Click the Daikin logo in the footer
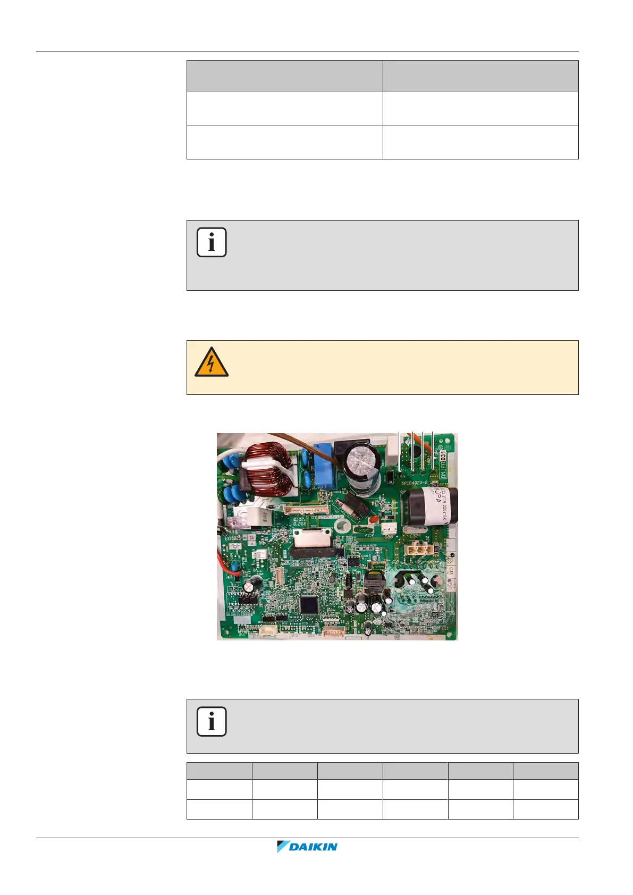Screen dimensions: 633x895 pos(307,847)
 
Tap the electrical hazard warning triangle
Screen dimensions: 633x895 pos(212,363)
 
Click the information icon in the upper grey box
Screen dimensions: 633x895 pos(212,242)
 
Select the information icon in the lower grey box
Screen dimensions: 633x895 pos(212,721)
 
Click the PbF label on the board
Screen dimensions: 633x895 pos(234,546)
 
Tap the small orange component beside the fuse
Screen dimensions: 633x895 pos(373,518)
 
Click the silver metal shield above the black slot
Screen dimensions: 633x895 pos(311,541)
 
